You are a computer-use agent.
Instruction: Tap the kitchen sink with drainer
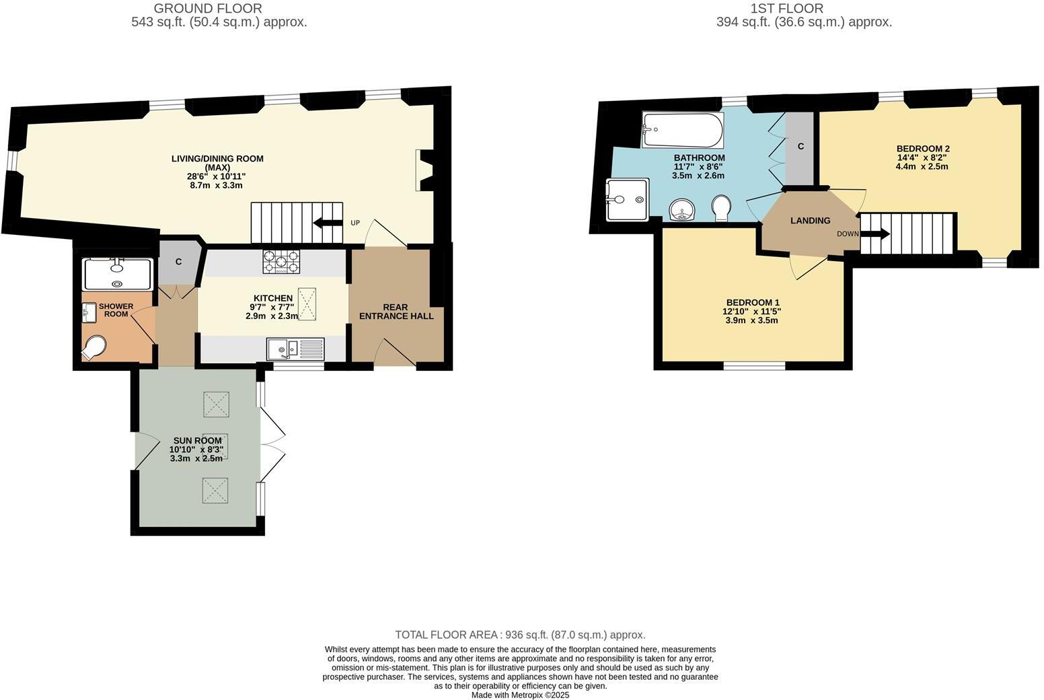(295, 349)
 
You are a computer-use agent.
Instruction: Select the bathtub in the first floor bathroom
(682, 129)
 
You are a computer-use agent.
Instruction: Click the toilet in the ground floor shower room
(94, 347)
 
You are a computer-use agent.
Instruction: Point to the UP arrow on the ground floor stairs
(328, 223)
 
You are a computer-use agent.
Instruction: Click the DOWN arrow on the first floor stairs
(875, 234)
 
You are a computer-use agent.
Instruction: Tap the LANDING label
(810, 220)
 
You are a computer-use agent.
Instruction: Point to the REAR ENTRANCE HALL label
(396, 312)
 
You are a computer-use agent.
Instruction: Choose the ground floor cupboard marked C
(178, 262)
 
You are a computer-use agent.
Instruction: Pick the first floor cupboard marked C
(800, 147)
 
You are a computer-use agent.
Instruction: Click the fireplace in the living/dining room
(426, 170)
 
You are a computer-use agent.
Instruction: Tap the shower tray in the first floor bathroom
(627, 199)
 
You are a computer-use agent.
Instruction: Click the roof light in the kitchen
(307, 304)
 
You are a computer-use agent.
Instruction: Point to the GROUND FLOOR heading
(208, 9)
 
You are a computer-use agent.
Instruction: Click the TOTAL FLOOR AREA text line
(520, 635)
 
